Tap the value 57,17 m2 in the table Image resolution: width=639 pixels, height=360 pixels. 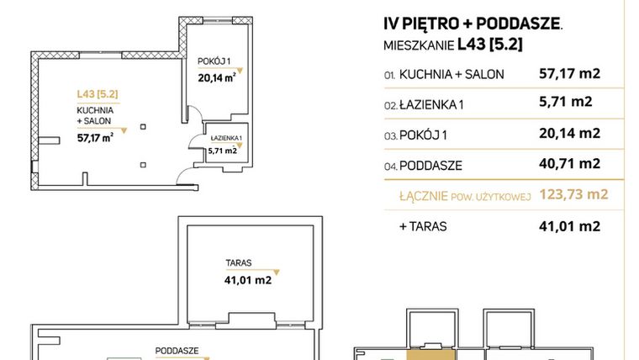click(568, 74)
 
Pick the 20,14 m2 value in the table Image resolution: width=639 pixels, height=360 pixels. click(568, 133)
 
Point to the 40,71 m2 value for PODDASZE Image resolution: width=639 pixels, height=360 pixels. click(568, 163)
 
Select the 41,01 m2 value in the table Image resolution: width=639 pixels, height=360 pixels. click(568, 225)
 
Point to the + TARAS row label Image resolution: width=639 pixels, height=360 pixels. click(425, 226)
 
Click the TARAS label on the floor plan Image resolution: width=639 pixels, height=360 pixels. click(239, 262)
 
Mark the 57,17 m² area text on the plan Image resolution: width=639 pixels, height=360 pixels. click(95, 139)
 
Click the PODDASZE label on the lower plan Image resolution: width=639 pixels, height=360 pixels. click(176, 349)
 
